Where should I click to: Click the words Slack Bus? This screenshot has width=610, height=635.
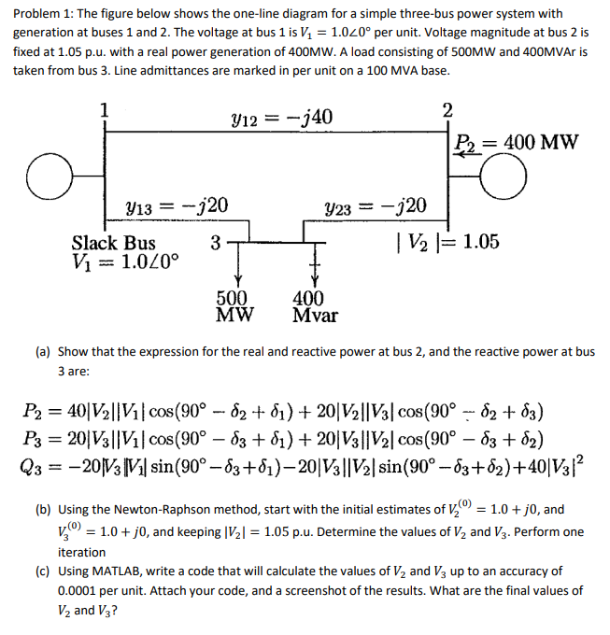(x=114, y=243)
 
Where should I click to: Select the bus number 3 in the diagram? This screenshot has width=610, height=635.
(x=216, y=244)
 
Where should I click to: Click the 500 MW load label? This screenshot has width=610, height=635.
(x=231, y=306)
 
